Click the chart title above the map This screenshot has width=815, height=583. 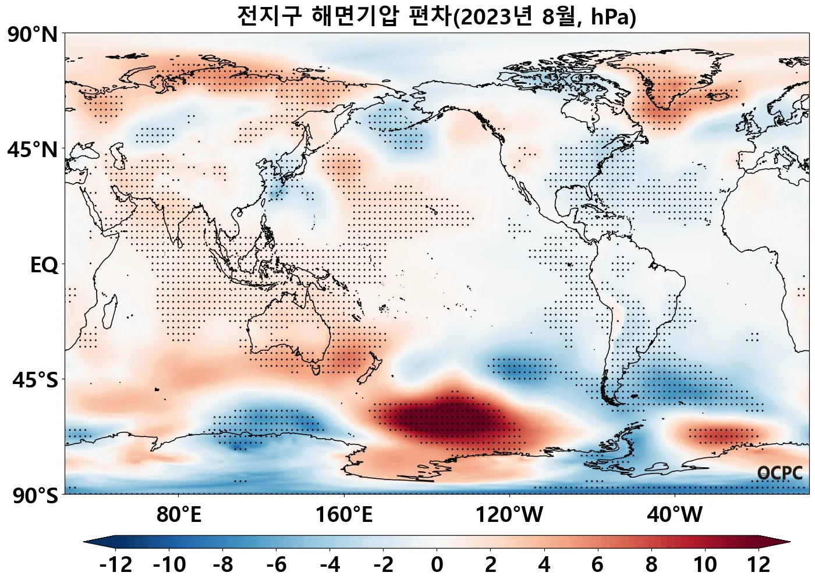(x=437, y=16)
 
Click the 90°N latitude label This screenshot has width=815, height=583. (x=33, y=35)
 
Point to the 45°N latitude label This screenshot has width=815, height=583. (x=33, y=150)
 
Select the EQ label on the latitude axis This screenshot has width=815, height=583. (x=44, y=265)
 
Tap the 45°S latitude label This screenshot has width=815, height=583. (x=35, y=381)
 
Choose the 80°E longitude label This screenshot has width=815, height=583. (x=179, y=515)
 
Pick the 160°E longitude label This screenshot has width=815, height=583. (x=343, y=515)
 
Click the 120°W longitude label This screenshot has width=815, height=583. (x=509, y=515)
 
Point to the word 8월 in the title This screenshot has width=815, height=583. (x=561, y=16)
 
